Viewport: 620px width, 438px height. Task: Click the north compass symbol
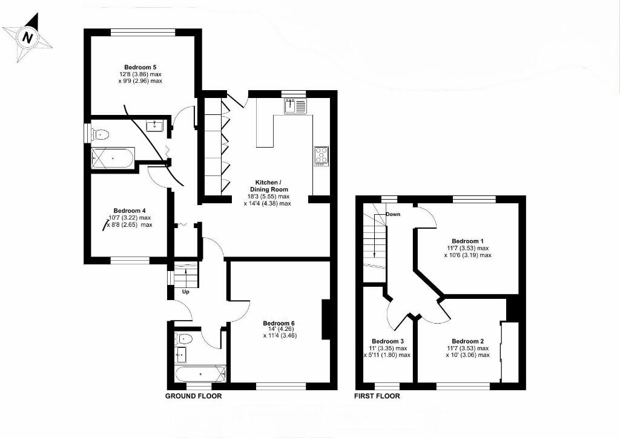click(27, 38)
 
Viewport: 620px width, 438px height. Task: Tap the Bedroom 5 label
click(140, 67)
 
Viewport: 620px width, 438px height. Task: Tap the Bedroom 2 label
click(467, 341)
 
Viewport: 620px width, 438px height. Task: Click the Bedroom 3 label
click(387, 341)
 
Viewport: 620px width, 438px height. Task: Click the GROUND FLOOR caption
click(194, 396)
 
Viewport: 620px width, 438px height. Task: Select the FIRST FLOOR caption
click(377, 396)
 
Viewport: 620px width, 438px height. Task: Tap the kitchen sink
click(295, 106)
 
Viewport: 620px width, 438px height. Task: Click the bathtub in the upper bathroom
click(112, 159)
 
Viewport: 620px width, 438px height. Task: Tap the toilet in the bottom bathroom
click(183, 338)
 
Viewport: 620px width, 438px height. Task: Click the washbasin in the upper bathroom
click(155, 125)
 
